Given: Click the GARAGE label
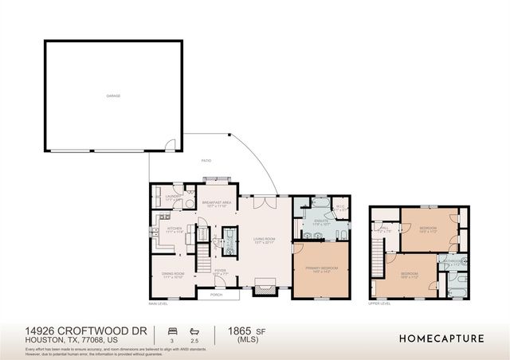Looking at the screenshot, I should click(x=113, y=96).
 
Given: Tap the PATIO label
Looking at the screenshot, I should click(x=206, y=161).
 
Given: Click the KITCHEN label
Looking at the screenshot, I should click(x=175, y=229).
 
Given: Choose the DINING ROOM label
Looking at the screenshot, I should click(x=173, y=276).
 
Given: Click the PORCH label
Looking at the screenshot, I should click(x=216, y=295).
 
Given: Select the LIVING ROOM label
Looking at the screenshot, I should click(x=264, y=240).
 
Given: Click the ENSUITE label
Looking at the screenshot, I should click(x=321, y=221).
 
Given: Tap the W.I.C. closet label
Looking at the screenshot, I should click(x=339, y=206).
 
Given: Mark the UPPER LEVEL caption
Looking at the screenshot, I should click(x=380, y=303).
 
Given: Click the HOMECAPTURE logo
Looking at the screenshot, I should click(x=441, y=338).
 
